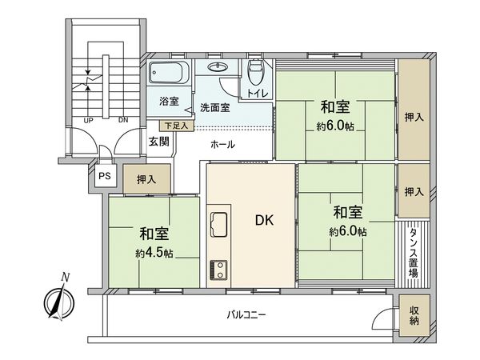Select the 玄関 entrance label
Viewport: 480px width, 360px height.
click(x=158, y=142)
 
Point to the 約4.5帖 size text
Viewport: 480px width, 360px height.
click(x=154, y=252)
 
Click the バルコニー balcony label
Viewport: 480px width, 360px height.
click(x=246, y=315)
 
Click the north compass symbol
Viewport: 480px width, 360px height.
click(x=58, y=300)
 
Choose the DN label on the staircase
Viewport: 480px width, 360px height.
click(x=122, y=121)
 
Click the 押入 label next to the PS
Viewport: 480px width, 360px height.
click(x=146, y=180)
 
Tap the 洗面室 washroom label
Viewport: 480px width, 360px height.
click(x=214, y=107)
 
